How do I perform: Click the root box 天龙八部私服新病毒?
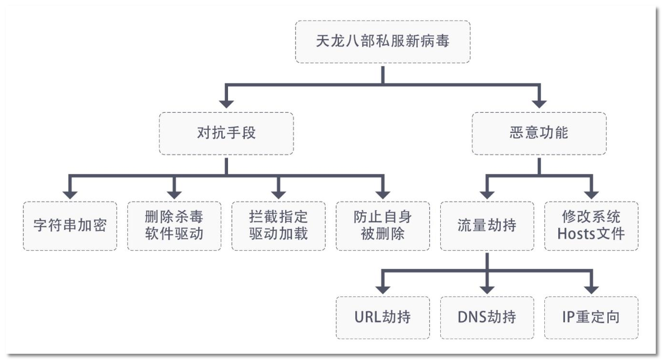point(383,42)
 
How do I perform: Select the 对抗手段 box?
point(226,133)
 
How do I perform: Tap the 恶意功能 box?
point(539,133)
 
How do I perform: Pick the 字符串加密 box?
point(70,226)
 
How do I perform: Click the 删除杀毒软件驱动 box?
point(174,226)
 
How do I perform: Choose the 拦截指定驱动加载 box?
point(278,226)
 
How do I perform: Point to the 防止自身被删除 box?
point(383,226)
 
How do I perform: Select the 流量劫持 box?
point(487,226)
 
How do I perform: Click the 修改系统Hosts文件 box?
point(591,226)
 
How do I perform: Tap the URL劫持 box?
point(383,317)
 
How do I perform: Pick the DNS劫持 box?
point(487,317)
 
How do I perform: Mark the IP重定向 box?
point(591,317)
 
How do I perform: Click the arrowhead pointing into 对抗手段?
point(226,103)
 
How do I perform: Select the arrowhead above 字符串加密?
point(70,194)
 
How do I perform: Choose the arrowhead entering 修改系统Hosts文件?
point(591,194)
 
